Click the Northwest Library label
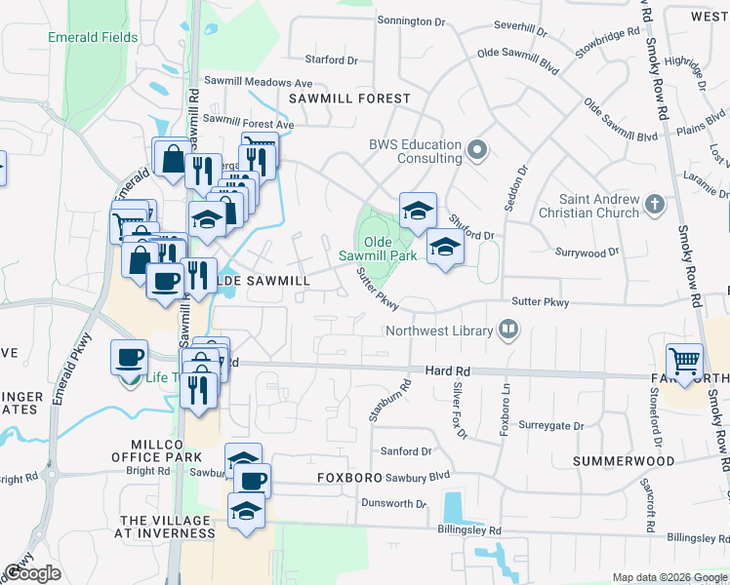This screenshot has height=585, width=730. [438, 331]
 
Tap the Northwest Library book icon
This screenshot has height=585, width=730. [507, 331]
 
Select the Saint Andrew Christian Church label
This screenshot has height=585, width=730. [599, 206]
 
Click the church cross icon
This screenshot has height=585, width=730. [654, 205]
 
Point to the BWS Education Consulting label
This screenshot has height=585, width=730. [415, 151]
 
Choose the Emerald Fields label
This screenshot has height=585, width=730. [93, 38]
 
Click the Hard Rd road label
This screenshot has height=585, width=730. [448, 370]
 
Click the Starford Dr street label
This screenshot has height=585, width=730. [332, 59]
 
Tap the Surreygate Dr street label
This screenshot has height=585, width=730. [551, 426]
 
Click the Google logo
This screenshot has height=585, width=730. [32, 573]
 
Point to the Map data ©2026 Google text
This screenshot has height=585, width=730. [669, 577]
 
